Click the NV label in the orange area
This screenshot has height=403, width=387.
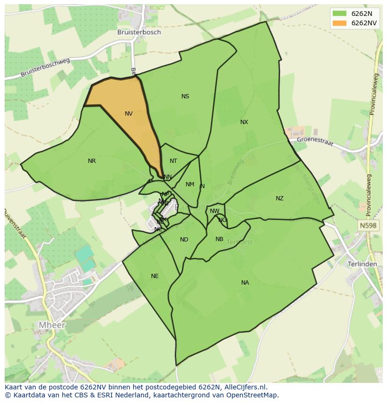coord(129,114)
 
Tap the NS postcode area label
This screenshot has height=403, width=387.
coord(185,96)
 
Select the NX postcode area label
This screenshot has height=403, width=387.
coord(244,122)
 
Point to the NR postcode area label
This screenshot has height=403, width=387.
coord(92,161)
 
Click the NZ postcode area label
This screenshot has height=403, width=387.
coord(279,198)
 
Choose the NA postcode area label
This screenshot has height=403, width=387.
coord(245,283)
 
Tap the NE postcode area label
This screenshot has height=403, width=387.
coord(155,276)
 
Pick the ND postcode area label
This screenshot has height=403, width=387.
coord(184,240)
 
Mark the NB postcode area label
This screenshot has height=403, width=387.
coord(219,239)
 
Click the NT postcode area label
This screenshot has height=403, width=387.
coord(173,161)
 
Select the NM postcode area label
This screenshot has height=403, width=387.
coord(190,184)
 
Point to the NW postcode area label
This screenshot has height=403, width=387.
coord(215,211)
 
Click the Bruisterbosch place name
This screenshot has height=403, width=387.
coord(139,32)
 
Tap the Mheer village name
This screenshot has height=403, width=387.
coord(52,325)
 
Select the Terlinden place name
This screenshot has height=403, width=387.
coord(362,264)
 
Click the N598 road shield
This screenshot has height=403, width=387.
coord(368,226)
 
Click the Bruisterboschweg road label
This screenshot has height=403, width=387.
coord(45,68)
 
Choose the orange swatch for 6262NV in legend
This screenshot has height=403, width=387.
coord(340,23)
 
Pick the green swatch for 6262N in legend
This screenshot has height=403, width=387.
coord(340,13)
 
